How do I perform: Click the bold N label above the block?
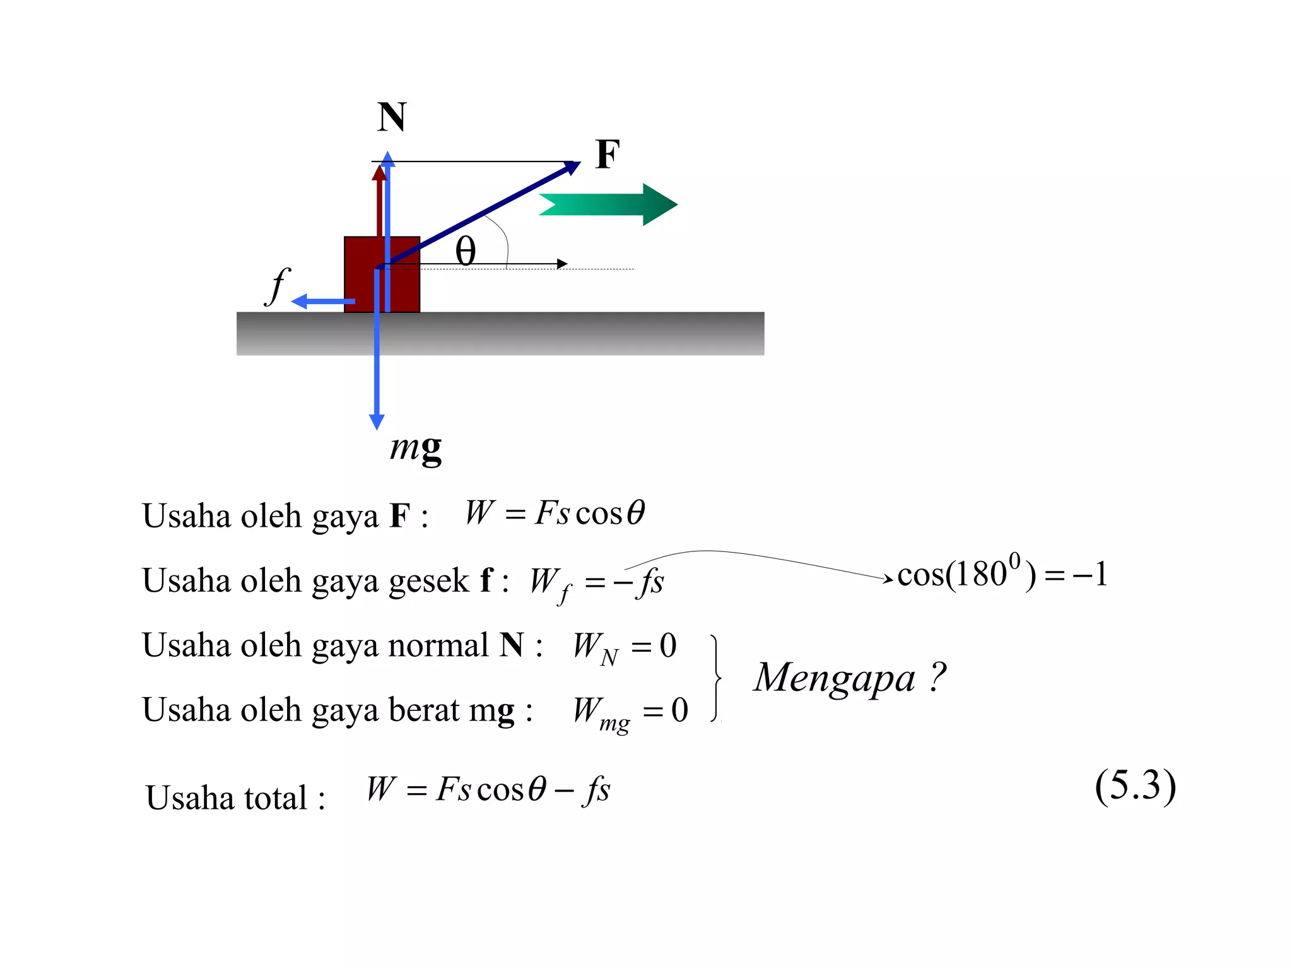[x=392, y=117]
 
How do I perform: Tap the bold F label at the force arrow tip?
[x=608, y=155]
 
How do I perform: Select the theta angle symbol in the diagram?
[x=466, y=251]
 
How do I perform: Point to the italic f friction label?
[x=278, y=286]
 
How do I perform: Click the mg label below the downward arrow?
[x=416, y=449]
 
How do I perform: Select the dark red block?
[x=363, y=278]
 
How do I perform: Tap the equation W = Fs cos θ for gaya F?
[x=555, y=512]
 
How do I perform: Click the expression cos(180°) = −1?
[x=1002, y=573]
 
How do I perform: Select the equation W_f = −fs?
[x=597, y=582]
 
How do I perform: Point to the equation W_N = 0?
[x=625, y=647]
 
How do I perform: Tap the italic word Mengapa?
[x=834, y=679]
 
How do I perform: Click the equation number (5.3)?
[x=1135, y=786]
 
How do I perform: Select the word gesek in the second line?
[x=429, y=580]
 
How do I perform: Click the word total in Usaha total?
[x=276, y=797]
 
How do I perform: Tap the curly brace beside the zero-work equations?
[x=716, y=678]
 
